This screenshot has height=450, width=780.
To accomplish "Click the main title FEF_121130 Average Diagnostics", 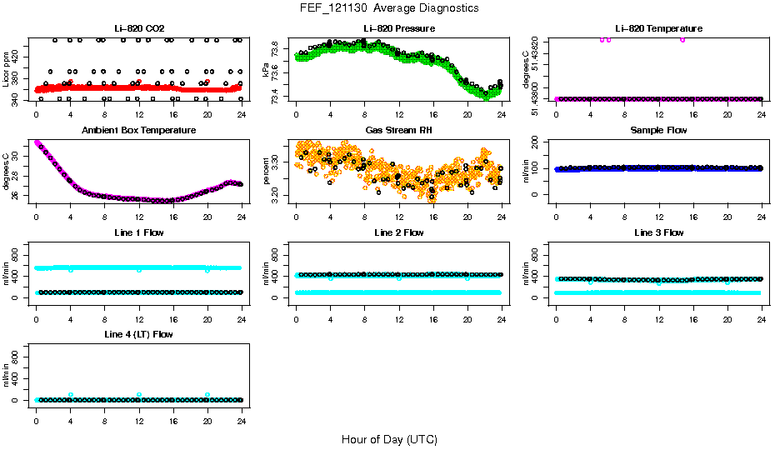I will [390, 7].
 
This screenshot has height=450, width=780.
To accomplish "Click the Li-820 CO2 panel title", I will [138, 28].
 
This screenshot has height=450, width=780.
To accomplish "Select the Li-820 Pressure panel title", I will [398, 28].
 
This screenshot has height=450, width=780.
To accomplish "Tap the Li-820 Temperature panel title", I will [657, 28].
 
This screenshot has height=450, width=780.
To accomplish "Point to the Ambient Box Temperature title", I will [138, 130].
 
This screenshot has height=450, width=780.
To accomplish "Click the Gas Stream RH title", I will [398, 130].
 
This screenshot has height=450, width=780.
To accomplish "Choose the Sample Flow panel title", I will [657, 130].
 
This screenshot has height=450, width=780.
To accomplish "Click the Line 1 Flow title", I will [138, 232].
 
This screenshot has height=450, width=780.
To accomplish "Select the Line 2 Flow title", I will [398, 232].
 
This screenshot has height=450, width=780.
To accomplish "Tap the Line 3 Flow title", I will [657, 232].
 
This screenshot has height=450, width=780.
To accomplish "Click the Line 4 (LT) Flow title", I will [138, 334].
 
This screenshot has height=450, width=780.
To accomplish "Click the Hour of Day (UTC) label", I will [389, 439].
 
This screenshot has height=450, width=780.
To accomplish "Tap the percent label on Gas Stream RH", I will [266, 172].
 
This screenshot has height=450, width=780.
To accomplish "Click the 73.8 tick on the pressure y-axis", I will [277, 49].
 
